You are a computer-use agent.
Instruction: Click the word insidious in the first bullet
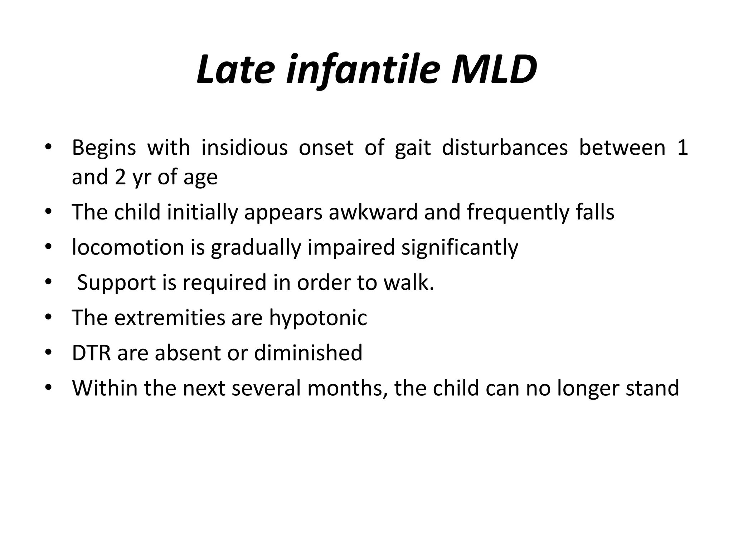point(244,148)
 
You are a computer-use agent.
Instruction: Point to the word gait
point(413,148)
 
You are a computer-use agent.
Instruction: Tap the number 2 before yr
point(120,177)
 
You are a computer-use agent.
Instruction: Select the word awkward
point(373,212)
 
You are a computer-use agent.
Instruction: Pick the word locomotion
point(128,247)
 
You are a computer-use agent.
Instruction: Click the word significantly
point(460,247)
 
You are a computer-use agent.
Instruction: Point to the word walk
point(408,282)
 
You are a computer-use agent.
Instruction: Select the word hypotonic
point(318,318)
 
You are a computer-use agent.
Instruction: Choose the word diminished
point(308,353)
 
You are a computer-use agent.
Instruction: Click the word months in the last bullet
point(347,388)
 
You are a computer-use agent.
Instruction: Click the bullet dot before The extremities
point(49,317)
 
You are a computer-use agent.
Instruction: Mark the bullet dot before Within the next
point(49,387)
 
